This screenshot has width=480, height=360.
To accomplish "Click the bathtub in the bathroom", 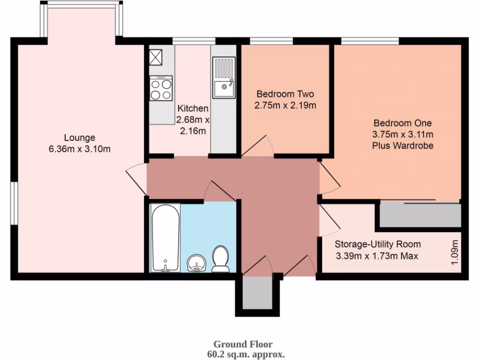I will pyautogui.click(x=165, y=237).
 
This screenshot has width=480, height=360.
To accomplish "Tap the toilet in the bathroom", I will pyautogui.click(x=220, y=260).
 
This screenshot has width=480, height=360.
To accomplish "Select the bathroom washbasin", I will pyautogui.click(x=196, y=264).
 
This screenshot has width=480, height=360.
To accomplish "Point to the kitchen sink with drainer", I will pyautogui.click(x=224, y=78).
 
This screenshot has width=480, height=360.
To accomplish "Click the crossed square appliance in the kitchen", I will pyautogui.click(x=155, y=58).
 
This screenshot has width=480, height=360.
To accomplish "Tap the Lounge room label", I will pyautogui.click(x=80, y=138).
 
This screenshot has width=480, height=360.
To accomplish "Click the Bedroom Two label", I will pyautogui.click(x=285, y=93).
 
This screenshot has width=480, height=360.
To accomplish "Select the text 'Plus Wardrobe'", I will pyautogui.click(x=403, y=145).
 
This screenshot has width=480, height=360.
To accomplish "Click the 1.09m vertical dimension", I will pyautogui.click(x=454, y=253).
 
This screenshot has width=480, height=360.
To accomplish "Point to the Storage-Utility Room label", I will pyautogui.click(x=377, y=244).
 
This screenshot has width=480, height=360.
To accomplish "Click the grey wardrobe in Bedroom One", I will pyautogui.click(x=420, y=216).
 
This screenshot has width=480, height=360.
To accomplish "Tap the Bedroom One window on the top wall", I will pyautogui.click(x=370, y=41).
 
